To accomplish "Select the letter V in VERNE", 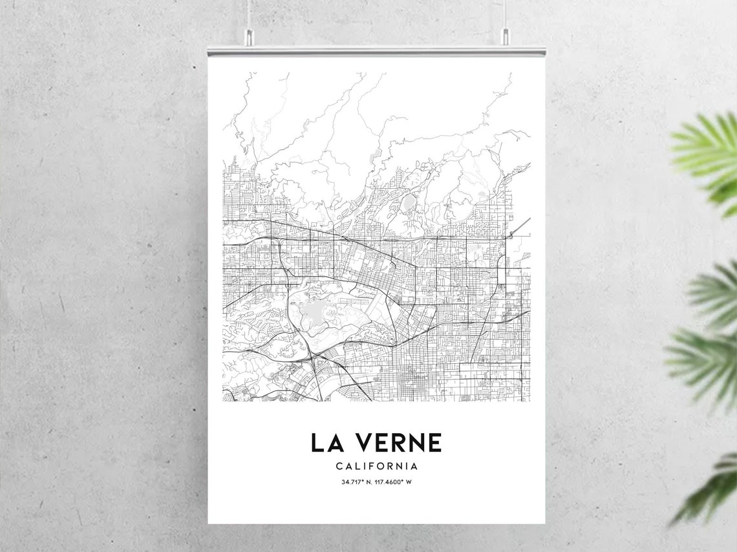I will coord(362,443).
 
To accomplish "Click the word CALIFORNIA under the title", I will coord(376,466).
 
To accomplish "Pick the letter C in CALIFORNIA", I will coord(339,466).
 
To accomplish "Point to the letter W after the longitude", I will coord(409,482).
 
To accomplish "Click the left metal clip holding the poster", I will coord(248,37).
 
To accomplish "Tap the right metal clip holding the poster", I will coord(505,37).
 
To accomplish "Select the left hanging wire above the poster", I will coord(248,13).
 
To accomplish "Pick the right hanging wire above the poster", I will coord(505,13).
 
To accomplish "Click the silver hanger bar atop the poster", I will coord(376,51).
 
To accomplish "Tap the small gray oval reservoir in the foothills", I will coord(408,204).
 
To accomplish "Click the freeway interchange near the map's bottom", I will coord(312,355).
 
